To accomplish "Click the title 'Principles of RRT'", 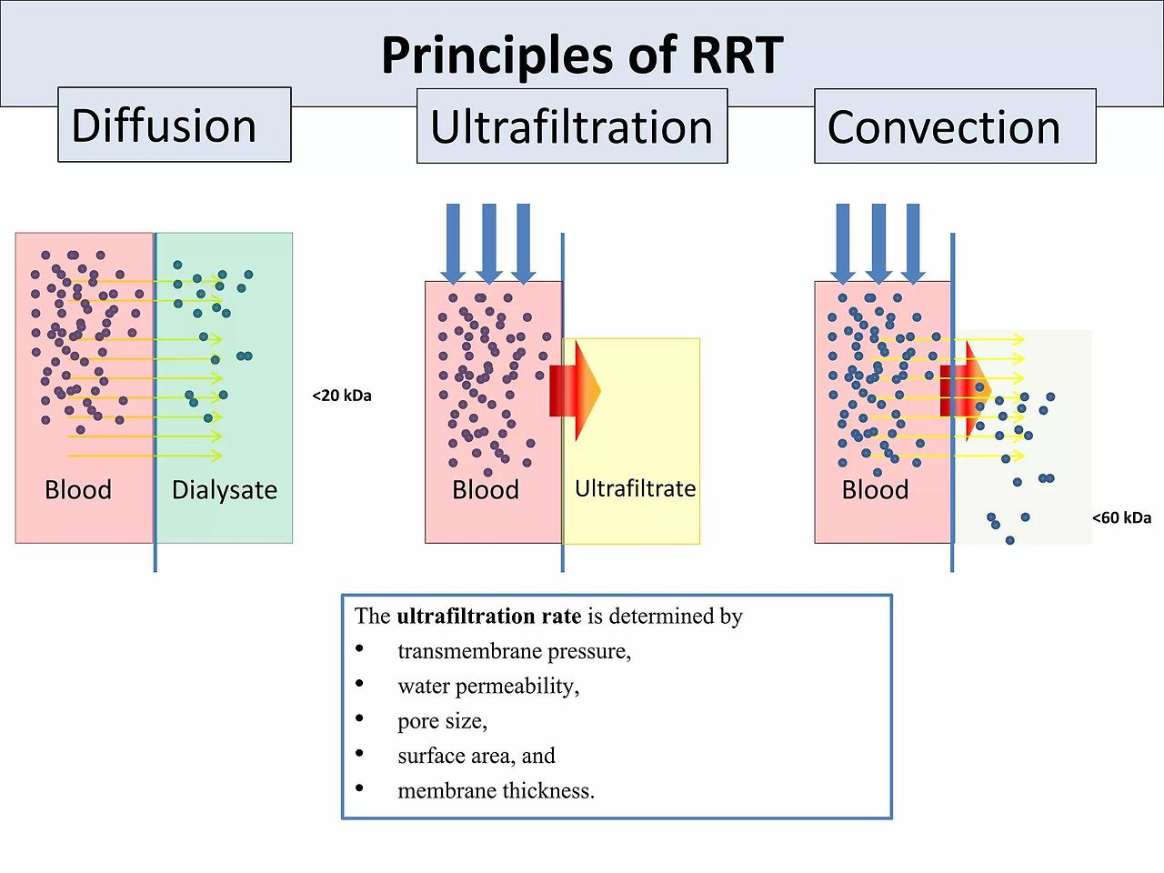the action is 582,55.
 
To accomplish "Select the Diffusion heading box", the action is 175,125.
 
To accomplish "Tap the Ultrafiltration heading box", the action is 572,126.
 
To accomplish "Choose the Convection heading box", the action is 955,126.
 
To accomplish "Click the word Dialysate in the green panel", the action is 225,490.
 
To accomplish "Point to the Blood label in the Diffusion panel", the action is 78,490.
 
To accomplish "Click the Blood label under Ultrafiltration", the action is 486,490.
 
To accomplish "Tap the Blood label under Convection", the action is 875,490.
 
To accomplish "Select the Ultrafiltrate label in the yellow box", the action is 636,488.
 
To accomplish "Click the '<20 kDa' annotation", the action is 342,396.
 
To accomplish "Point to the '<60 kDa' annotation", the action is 1121,517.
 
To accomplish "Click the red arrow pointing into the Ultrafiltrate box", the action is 575,391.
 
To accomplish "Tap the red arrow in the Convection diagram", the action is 966,391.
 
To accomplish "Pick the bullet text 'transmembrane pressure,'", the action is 515,651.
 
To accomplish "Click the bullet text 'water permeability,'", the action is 488,687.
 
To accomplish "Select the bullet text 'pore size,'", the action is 442,721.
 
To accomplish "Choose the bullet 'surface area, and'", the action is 477,756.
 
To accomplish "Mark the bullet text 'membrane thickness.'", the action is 496,791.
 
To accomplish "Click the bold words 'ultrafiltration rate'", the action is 489,616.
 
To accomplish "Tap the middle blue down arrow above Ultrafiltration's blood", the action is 489,244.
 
